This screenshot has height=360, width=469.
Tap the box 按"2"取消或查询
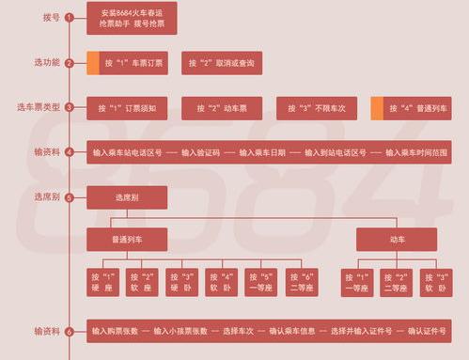point(221,63)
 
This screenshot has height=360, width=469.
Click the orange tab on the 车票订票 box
point(93,63)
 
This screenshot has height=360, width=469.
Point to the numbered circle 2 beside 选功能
point(69,63)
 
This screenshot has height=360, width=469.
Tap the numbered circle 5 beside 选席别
point(69,198)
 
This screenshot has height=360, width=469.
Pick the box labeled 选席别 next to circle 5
point(126,197)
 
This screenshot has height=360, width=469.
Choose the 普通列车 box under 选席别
point(126,240)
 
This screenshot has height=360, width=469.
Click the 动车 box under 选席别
point(396,240)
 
